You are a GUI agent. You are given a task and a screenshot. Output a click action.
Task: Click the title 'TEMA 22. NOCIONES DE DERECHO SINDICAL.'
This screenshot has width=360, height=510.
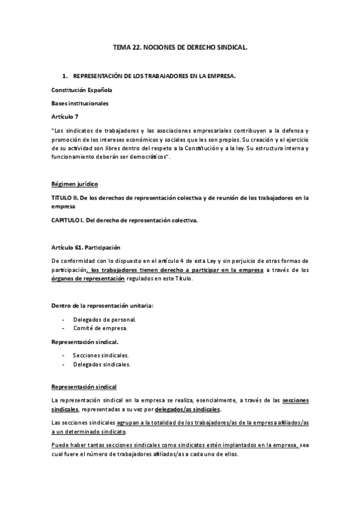pos(180,46)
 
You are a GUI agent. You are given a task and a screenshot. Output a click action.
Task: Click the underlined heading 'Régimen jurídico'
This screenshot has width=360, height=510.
pos(75,183)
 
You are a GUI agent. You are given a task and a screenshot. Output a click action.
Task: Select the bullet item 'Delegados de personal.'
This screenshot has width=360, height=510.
pos(105,319)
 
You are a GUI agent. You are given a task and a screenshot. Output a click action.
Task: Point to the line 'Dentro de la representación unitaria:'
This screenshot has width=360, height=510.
pos(102,305)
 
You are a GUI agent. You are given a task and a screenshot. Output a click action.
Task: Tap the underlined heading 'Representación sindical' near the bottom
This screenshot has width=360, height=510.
pos(84,387)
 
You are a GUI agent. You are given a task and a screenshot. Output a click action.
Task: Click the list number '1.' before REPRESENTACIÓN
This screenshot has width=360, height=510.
pos(65,76)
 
